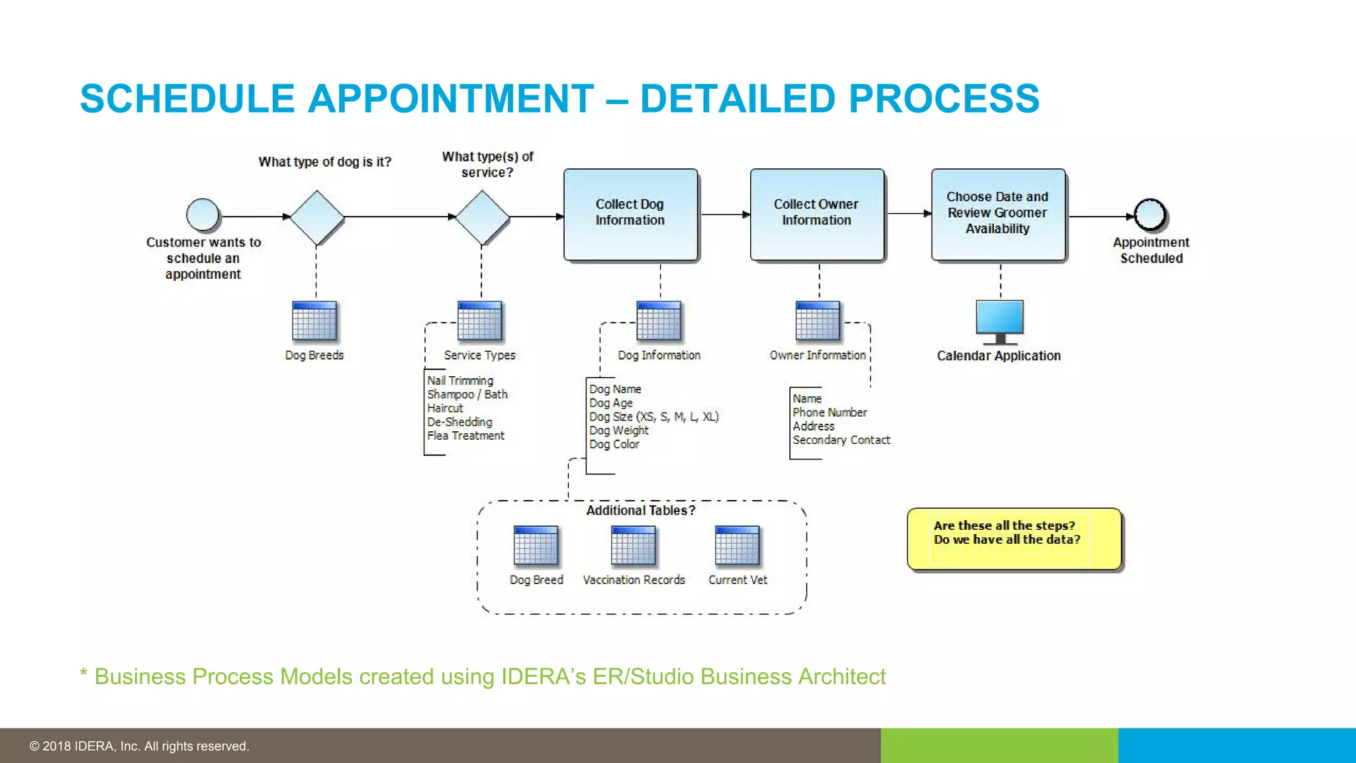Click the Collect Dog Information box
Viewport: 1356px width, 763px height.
pos(630,214)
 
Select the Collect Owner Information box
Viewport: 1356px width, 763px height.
pos(817,214)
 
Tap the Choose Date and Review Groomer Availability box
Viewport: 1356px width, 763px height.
pos(998,214)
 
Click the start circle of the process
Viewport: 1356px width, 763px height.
pos(203,215)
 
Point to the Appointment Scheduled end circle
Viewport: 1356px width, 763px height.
pos(1150,215)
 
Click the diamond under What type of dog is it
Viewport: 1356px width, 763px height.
pos(317,217)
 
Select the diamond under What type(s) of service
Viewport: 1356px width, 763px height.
pos(483,217)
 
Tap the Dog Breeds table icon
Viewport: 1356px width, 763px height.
pos(315,321)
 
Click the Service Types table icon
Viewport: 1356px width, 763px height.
pos(480,321)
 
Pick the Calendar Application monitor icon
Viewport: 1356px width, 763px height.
pos(1000,321)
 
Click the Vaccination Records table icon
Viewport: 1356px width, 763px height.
pos(634,546)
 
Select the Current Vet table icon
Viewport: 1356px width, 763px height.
pos(738,546)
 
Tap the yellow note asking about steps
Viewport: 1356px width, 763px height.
pos(1014,538)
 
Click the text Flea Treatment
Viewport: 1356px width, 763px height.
pos(465,436)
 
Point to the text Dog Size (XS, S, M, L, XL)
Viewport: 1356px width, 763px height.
pos(654,417)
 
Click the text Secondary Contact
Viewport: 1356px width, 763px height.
pos(841,440)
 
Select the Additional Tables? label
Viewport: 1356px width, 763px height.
pos(640,511)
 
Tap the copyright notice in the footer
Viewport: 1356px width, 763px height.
pos(139,746)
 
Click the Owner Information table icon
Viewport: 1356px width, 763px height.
pos(818,321)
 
